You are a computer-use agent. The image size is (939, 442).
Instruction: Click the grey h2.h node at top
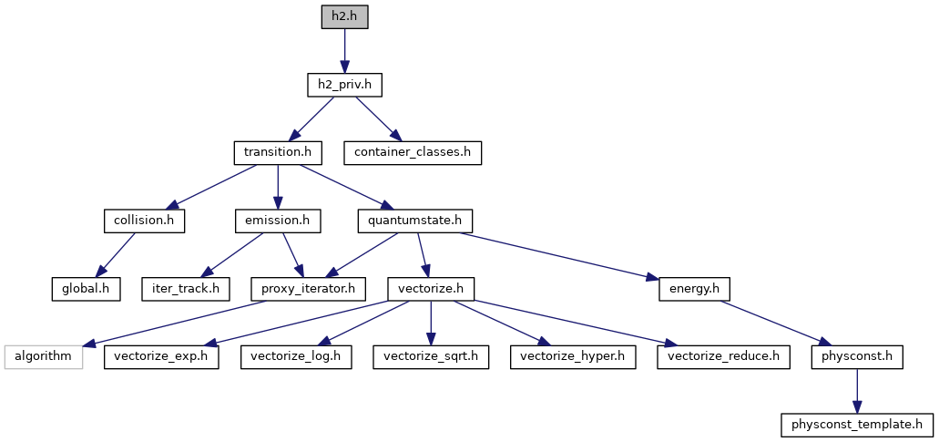344,17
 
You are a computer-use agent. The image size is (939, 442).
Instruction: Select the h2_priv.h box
344,85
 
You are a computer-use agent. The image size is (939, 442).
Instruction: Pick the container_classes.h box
413,152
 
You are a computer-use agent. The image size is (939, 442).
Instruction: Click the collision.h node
143,220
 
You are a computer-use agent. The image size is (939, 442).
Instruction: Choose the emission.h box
278,220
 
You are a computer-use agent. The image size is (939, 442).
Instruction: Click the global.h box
86,288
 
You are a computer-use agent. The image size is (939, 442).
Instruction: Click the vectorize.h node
431,288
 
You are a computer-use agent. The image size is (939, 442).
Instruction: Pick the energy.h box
694,288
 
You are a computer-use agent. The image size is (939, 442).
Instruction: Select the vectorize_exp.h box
161,355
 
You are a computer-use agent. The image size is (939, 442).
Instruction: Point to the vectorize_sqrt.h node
431,355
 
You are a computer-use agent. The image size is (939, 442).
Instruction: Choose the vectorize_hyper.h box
572,355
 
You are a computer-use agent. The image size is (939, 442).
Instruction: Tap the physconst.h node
856,355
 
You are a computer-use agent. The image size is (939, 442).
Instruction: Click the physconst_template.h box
856,424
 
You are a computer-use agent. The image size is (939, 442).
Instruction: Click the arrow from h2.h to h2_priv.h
344,51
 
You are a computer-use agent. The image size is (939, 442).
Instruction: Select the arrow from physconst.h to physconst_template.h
856,390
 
